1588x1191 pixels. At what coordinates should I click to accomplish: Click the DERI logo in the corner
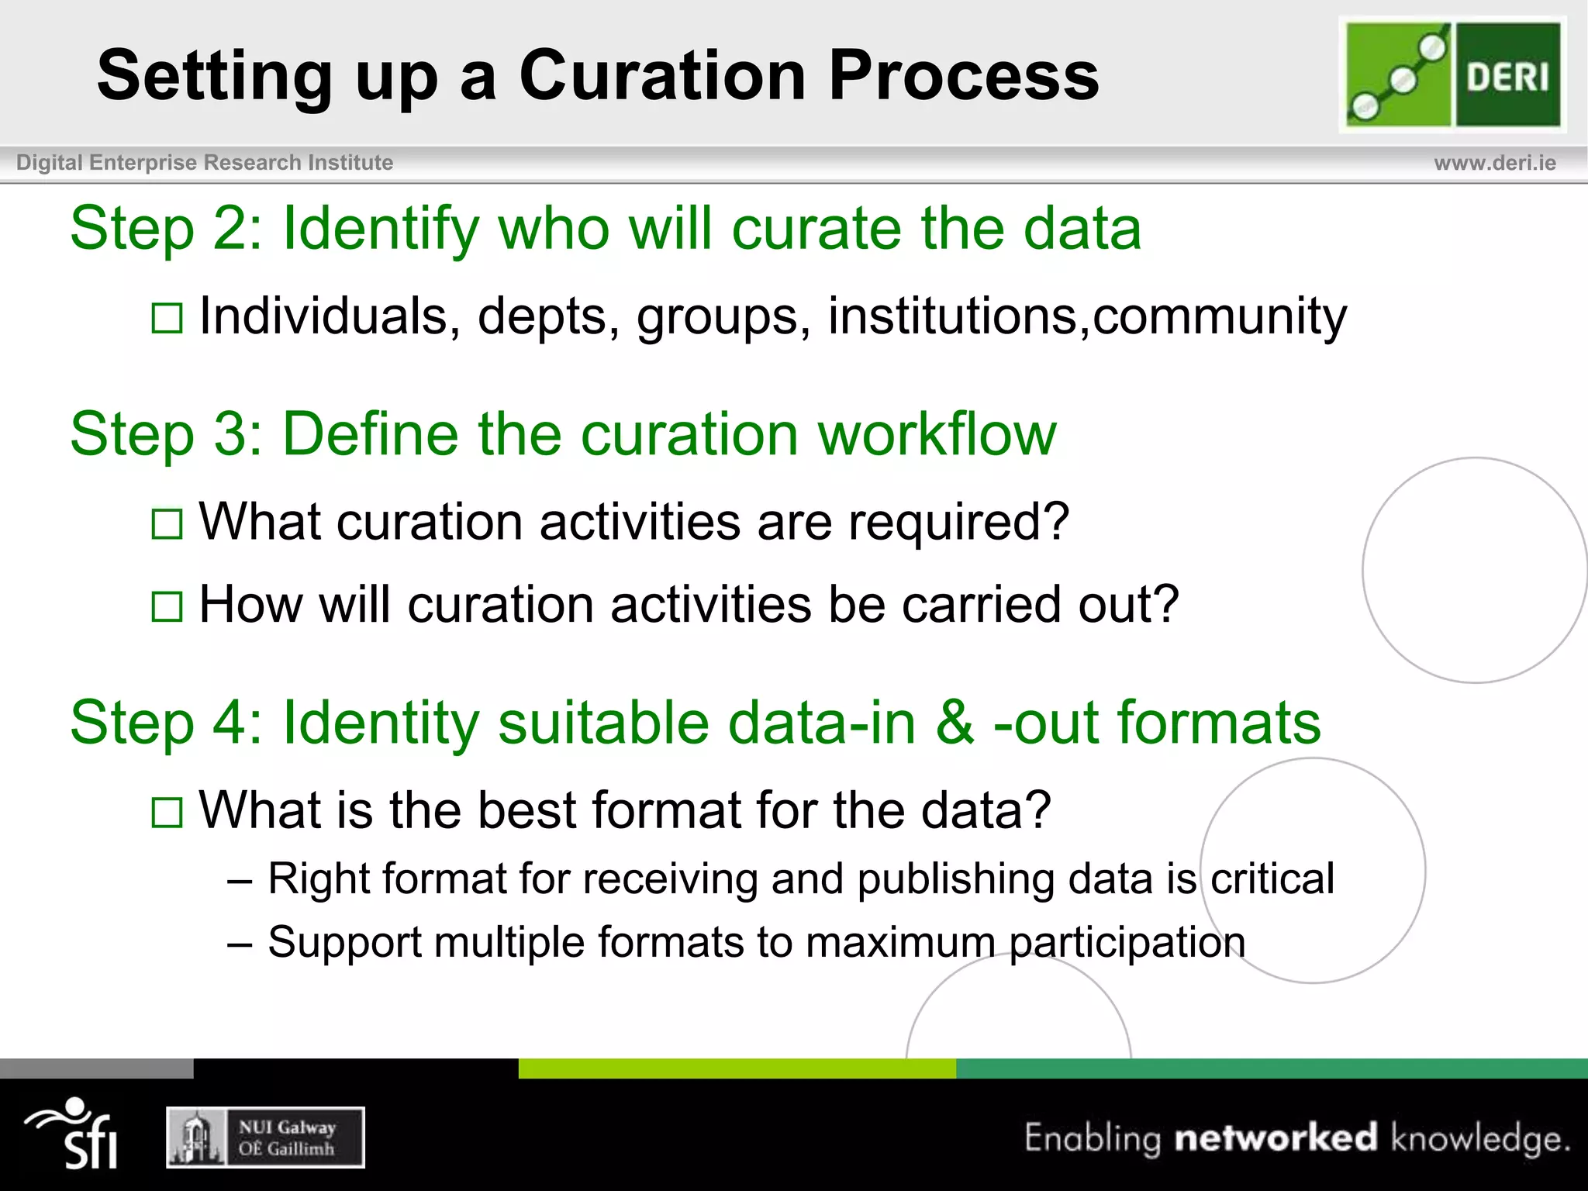click(x=1452, y=74)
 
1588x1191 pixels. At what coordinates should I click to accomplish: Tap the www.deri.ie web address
click(x=1494, y=163)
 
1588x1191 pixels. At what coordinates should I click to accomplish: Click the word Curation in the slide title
click(x=662, y=75)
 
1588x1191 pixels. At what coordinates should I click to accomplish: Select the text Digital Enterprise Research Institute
click(x=205, y=163)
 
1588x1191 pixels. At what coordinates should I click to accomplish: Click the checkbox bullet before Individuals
click(x=167, y=319)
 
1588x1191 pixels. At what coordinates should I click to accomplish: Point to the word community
click(x=1219, y=316)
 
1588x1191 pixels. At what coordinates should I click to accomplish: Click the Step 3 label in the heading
click(x=165, y=434)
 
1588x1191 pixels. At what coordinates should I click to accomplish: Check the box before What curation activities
click(x=167, y=524)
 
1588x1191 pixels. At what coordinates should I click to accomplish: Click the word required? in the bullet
click(x=958, y=521)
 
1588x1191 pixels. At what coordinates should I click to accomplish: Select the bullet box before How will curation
click(x=167, y=607)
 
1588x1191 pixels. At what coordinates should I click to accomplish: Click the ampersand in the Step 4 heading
click(x=954, y=723)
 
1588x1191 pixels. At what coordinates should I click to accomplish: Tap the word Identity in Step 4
click(x=381, y=723)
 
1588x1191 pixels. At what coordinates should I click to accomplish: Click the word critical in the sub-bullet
click(x=1272, y=879)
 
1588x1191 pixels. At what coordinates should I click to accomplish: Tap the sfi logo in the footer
click(x=74, y=1134)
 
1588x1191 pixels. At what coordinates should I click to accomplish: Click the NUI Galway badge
click(x=265, y=1137)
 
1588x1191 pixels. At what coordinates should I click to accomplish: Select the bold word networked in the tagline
click(x=1276, y=1137)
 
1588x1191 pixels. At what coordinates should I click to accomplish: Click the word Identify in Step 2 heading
click(x=381, y=229)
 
